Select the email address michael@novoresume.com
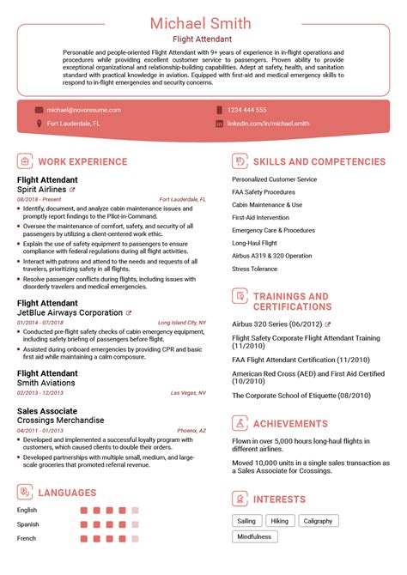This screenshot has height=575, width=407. pyautogui.click(x=83, y=110)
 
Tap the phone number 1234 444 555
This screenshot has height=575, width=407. pyautogui.click(x=246, y=110)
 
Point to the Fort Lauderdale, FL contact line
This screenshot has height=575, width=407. pyautogui.click(x=73, y=124)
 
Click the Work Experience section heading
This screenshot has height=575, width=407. pyautogui.click(x=84, y=161)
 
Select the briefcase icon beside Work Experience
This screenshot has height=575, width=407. pyautogui.click(x=25, y=161)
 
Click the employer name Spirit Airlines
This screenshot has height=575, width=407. pyautogui.click(x=42, y=189)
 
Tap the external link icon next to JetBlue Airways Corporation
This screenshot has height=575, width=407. pyautogui.click(x=129, y=313)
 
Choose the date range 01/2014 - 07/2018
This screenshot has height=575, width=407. pyautogui.click(x=40, y=323)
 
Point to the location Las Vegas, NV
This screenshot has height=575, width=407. pyautogui.click(x=189, y=392)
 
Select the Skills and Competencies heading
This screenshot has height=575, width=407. pyautogui.click(x=319, y=161)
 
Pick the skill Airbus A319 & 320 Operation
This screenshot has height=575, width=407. pyautogui.click(x=272, y=256)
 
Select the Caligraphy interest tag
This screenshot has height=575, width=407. pyautogui.click(x=318, y=520)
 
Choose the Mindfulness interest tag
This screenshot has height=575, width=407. pyautogui.click(x=254, y=536)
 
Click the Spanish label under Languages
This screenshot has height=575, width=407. pyautogui.click(x=29, y=524)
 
